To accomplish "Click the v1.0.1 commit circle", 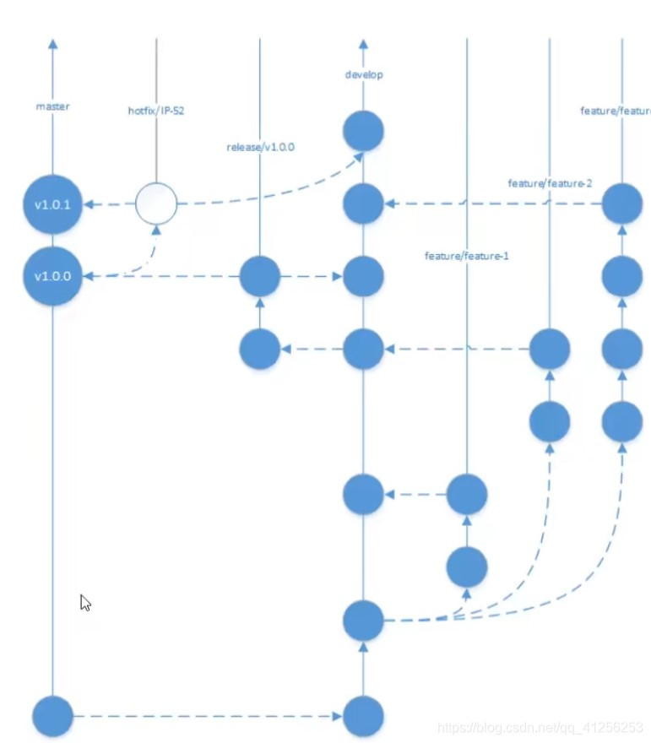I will point(53,203).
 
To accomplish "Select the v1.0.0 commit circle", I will point(53,276).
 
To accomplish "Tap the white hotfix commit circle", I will point(156,203).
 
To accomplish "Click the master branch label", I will point(52,106).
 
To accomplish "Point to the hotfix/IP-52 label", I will point(156,109).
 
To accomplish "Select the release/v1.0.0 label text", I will point(260,147).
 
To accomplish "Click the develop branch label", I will point(364,74).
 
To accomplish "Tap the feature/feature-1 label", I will point(466,256).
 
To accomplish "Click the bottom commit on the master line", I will point(53,717).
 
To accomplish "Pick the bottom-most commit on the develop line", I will point(364,717).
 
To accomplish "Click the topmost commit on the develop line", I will point(364,131).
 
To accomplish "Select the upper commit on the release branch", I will point(260,276).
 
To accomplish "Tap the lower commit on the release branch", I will point(260,348).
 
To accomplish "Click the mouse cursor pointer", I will point(84,602).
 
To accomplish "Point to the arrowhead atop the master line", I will point(53,44).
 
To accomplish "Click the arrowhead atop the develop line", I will point(364,44).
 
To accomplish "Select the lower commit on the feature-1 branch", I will point(466,567).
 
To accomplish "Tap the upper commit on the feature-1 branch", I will point(466,494).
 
